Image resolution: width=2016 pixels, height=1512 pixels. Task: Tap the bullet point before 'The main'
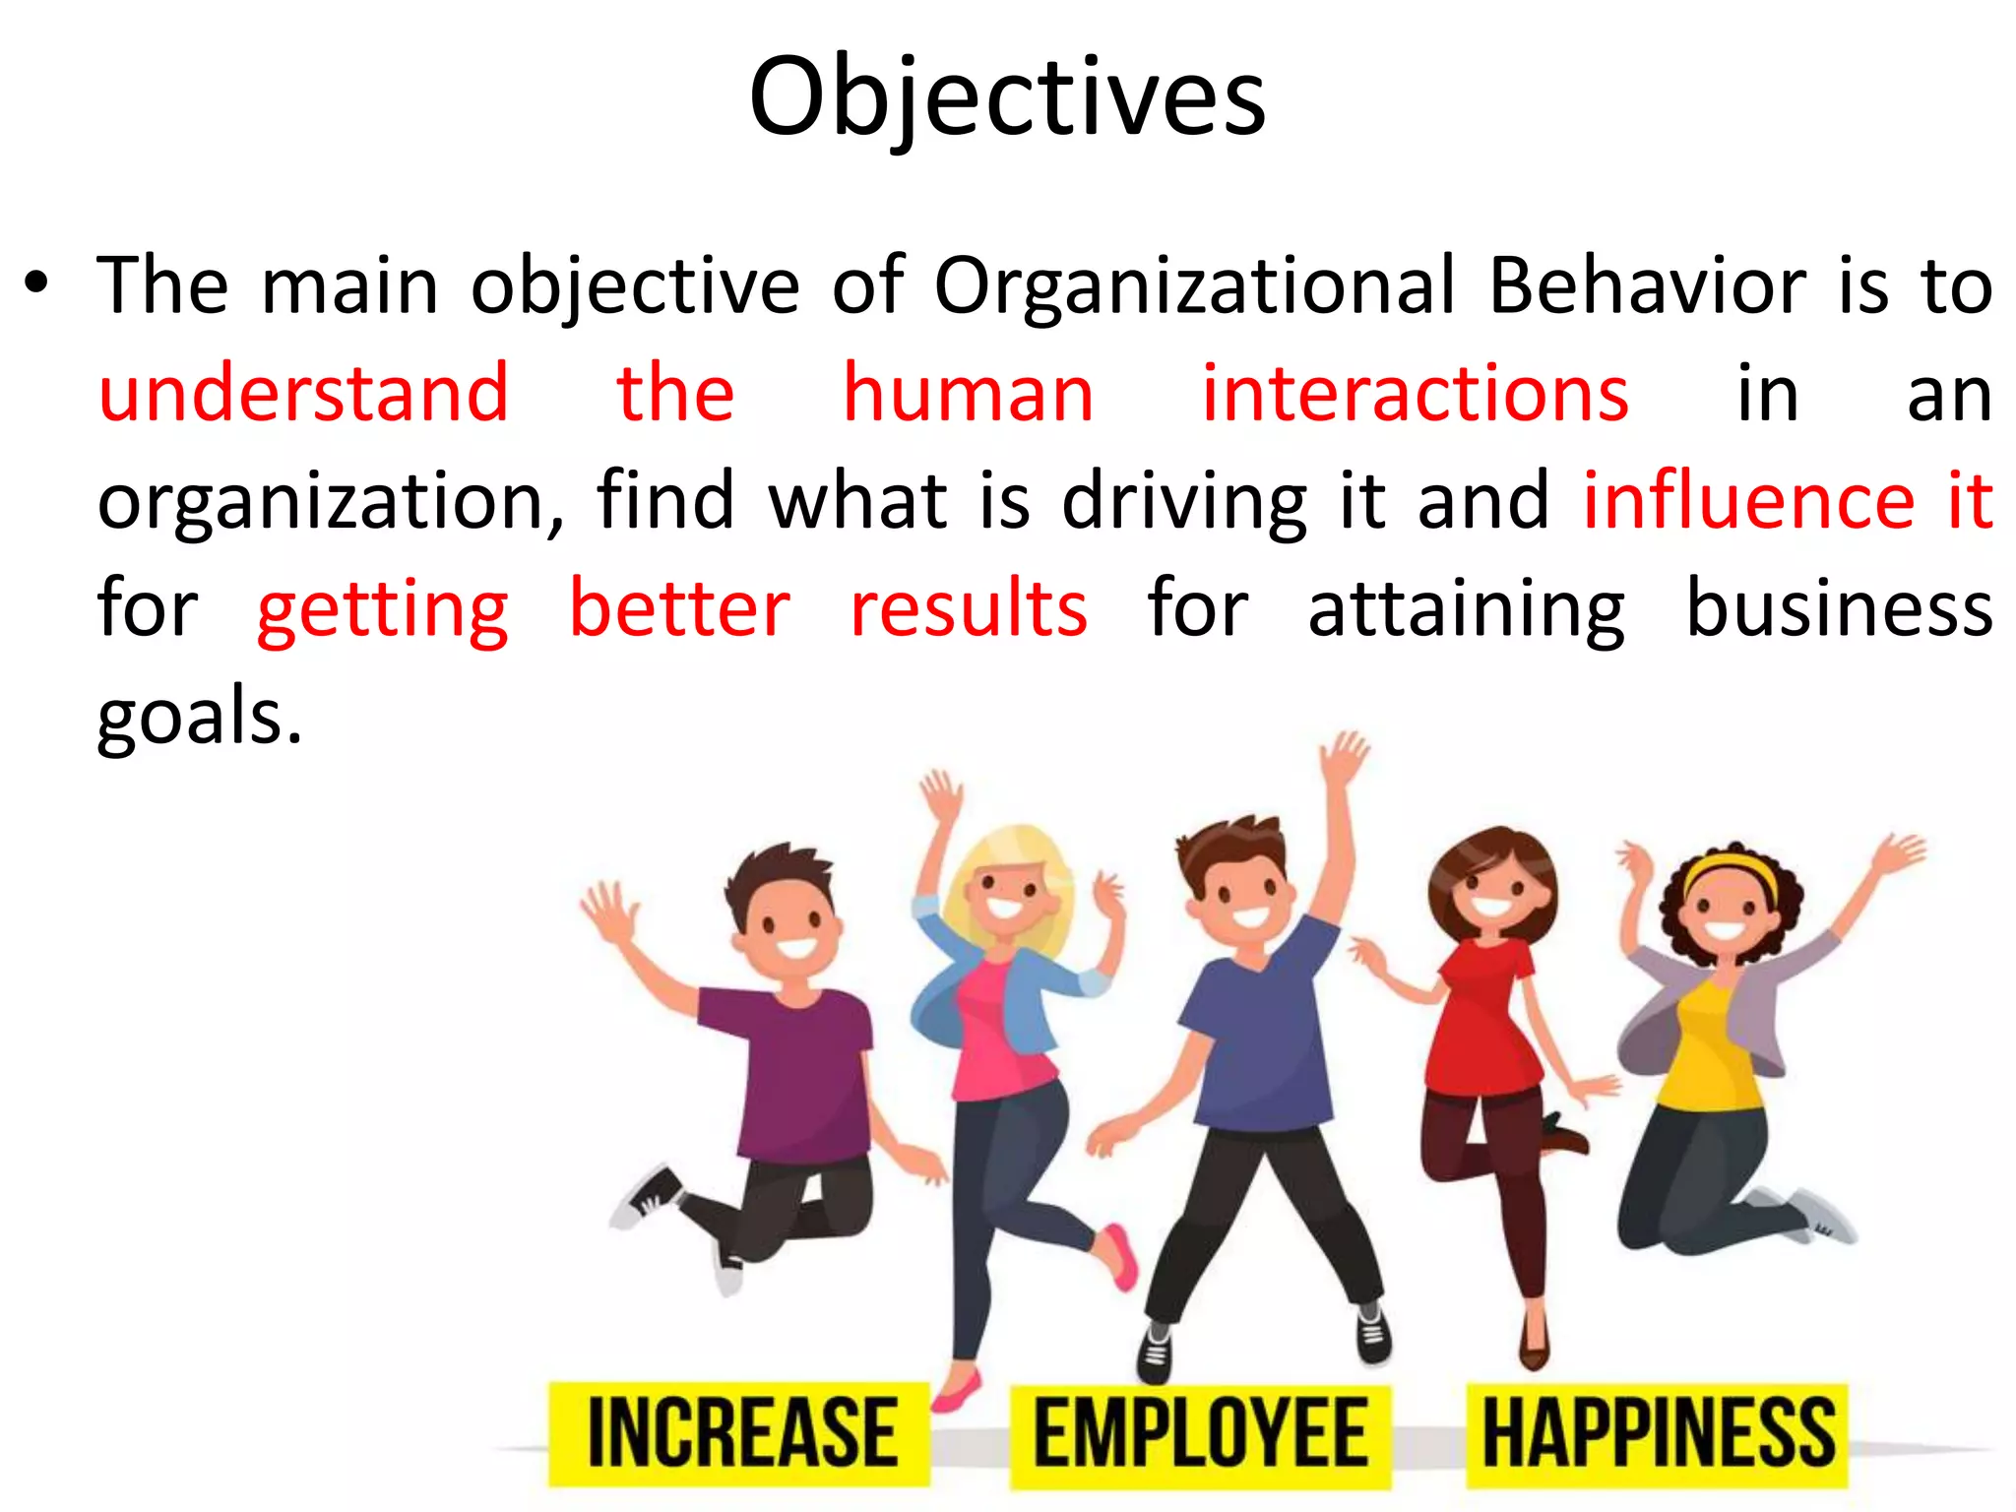(x=36, y=285)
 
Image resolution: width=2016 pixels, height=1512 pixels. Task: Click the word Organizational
(x=1193, y=286)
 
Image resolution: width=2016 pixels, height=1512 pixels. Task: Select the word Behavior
(x=1647, y=285)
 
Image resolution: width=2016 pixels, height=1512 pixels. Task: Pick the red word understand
(x=303, y=394)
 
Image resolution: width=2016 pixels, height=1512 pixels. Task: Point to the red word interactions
(x=1415, y=394)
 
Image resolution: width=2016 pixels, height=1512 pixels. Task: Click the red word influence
(x=1748, y=501)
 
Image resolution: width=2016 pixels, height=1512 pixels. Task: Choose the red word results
(x=969, y=609)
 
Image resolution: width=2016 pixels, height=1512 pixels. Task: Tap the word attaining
(x=1466, y=611)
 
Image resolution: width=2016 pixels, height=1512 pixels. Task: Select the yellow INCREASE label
(x=740, y=1432)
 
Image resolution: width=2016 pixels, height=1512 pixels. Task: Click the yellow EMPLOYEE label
(x=1200, y=1432)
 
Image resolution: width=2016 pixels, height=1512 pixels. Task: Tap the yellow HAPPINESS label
(x=1658, y=1432)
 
